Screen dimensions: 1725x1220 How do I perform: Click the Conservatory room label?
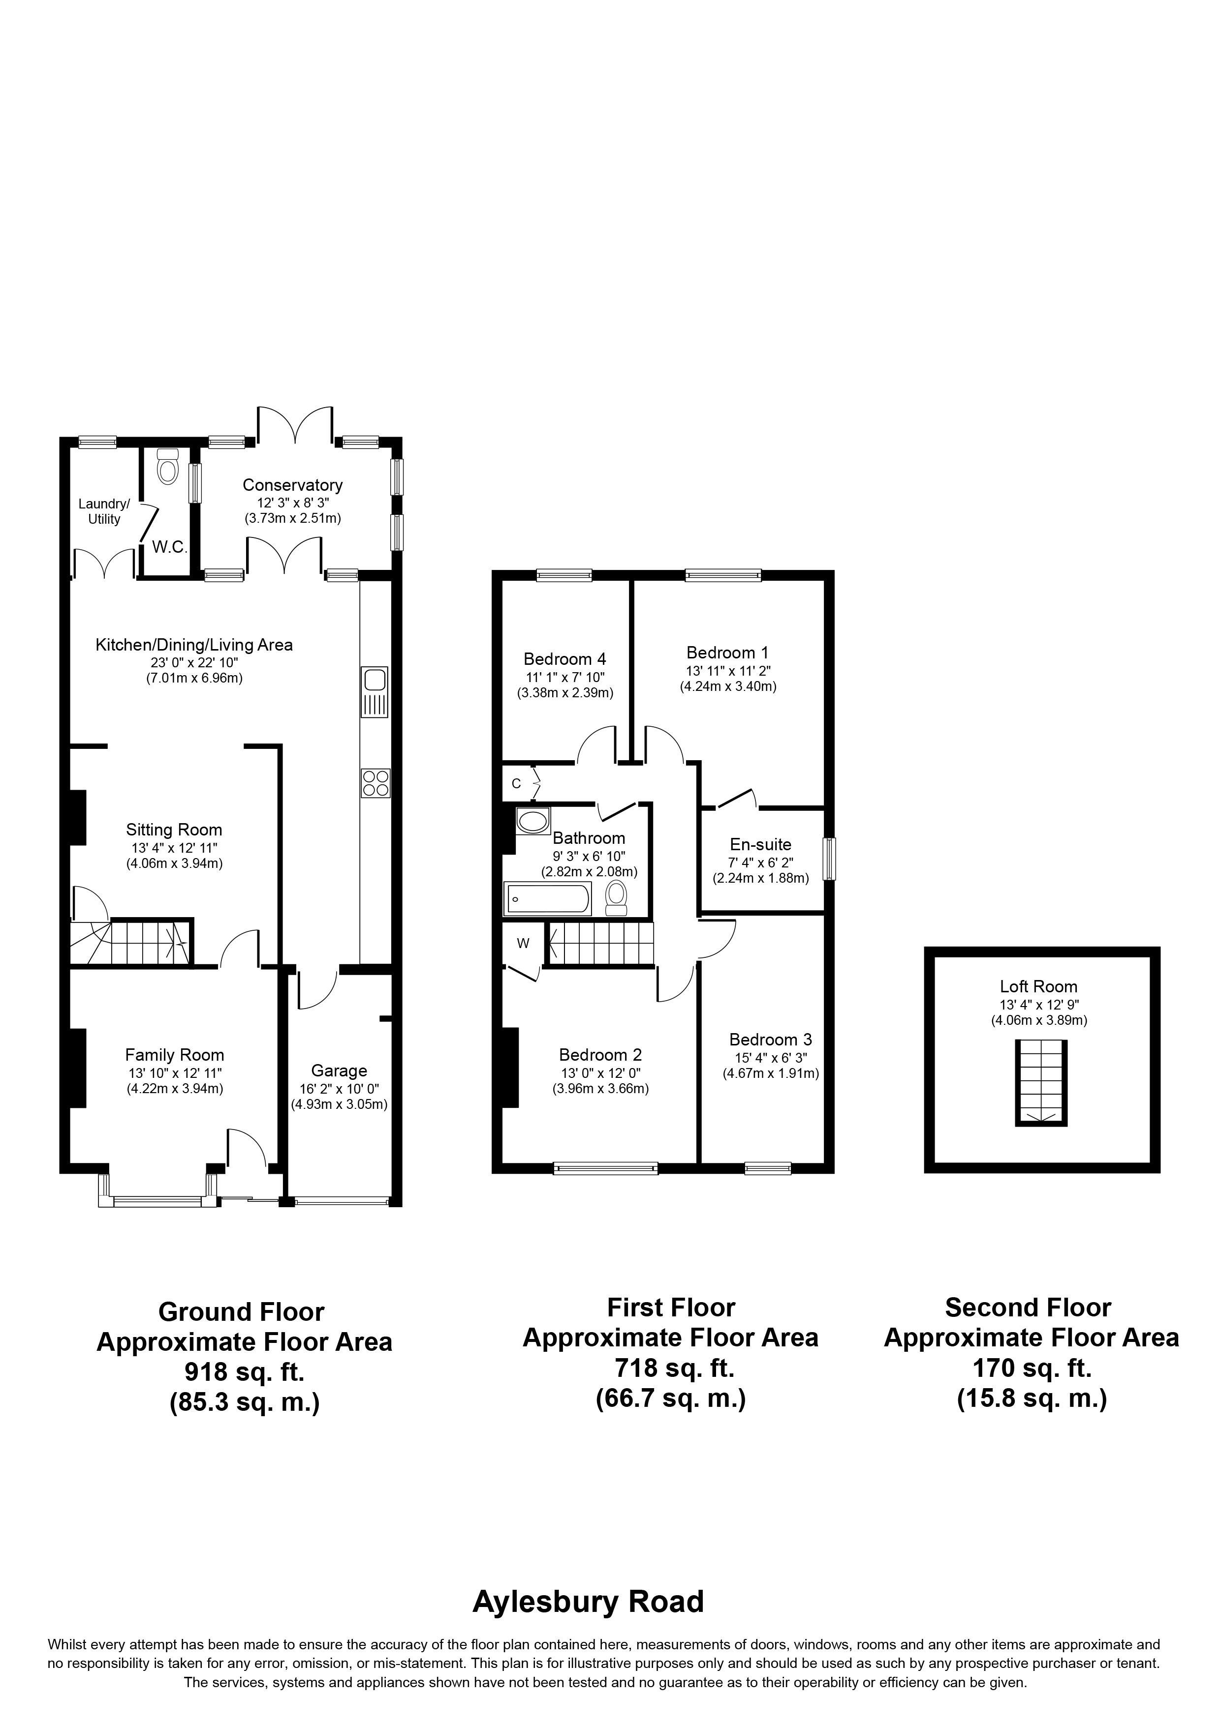click(x=292, y=485)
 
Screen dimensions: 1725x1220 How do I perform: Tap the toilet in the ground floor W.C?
click(x=167, y=468)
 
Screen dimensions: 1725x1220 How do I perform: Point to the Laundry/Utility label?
click(x=104, y=511)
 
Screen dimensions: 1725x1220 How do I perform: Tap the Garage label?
click(x=339, y=1071)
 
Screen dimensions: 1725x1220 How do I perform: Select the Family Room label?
click(x=174, y=1055)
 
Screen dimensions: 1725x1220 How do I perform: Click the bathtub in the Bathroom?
click(x=548, y=898)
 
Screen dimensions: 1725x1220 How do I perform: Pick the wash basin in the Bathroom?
click(x=533, y=821)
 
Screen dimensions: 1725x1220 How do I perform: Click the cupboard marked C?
click(x=516, y=784)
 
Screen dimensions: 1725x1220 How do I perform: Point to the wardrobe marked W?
click(x=523, y=944)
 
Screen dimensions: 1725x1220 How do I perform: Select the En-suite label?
click(x=761, y=844)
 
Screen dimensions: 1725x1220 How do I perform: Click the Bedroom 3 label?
click(x=771, y=1040)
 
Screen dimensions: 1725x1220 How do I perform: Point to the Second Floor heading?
click(x=1028, y=1308)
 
